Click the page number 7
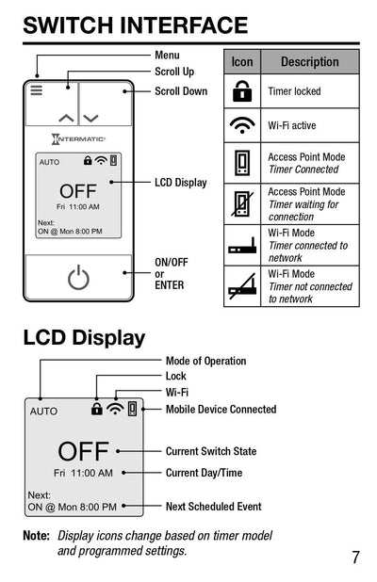point(355,557)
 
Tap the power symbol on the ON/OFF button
point(78,278)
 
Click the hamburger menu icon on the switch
point(37,90)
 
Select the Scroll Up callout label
point(174,72)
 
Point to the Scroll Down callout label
point(181,91)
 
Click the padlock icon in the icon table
point(242,91)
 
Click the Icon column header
point(242,62)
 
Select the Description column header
point(309,62)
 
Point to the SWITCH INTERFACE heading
point(135,25)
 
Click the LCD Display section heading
point(84,337)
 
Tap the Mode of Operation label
point(205,361)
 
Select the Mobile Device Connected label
point(221,410)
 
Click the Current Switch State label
point(211,451)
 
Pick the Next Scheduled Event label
point(213,507)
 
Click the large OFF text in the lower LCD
point(83,451)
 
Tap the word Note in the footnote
point(36,536)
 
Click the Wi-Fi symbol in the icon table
point(242,125)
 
